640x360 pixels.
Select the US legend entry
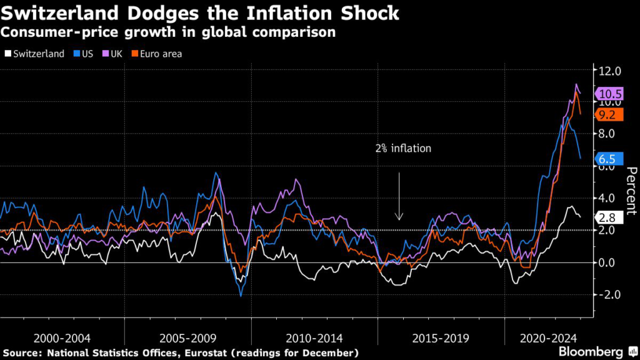[x=83, y=54]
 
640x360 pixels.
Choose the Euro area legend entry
[x=156, y=54]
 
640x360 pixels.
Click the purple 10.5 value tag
[x=609, y=93]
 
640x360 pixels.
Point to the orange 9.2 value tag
[x=607, y=114]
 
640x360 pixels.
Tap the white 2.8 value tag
[x=607, y=217]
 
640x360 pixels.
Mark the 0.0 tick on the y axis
[x=609, y=262]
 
